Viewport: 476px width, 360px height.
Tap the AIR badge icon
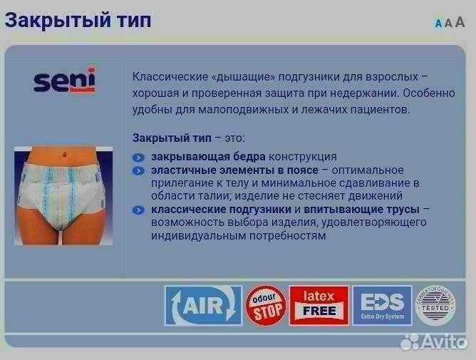coord(203,306)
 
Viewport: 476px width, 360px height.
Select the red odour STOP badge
coord(266,306)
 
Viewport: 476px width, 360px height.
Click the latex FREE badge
coord(319,306)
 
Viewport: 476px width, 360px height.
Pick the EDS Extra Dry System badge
coord(382,306)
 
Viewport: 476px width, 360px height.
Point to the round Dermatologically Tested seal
coord(435,305)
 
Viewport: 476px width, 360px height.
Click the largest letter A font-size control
coord(460,22)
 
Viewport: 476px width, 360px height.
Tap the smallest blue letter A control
coord(438,24)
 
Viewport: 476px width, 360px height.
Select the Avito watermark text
coord(442,342)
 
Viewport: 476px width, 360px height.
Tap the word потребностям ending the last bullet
coord(281,235)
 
